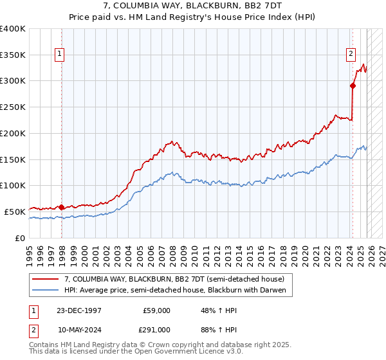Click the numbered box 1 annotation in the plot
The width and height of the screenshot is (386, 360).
pyautogui.click(x=59, y=55)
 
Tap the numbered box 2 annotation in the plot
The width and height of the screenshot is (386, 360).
pyautogui.click(x=352, y=55)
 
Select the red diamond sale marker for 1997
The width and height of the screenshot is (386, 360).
pyautogui.click(x=61, y=207)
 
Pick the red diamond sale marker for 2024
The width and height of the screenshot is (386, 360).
pyautogui.click(x=353, y=85)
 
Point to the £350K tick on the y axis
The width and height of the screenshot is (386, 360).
pyautogui.click(x=13, y=55)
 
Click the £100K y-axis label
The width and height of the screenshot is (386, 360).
pyautogui.click(x=13, y=186)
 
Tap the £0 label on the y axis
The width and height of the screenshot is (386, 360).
pyautogui.click(x=21, y=238)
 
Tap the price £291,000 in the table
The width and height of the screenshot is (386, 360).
pyautogui.click(x=157, y=330)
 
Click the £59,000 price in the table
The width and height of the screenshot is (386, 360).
pyautogui.click(x=157, y=310)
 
